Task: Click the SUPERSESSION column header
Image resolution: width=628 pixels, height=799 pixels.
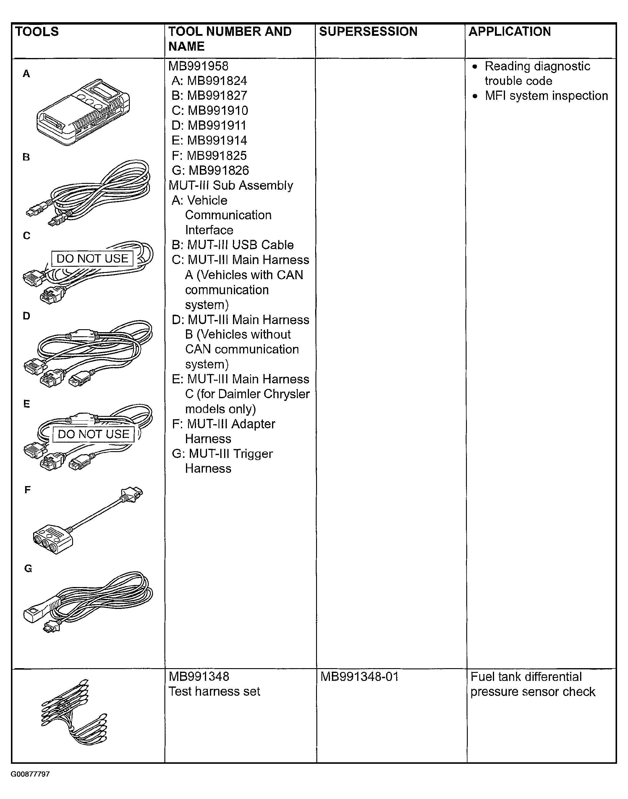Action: pos(368,32)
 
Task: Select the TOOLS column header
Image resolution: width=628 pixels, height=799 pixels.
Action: pos(37,32)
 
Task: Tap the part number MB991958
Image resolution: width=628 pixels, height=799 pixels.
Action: pos(198,66)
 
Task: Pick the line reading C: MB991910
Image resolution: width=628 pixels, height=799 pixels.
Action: pos(210,110)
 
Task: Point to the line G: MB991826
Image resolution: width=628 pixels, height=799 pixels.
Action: pos(210,171)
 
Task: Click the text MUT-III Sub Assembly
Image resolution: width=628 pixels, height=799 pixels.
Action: pos(231,186)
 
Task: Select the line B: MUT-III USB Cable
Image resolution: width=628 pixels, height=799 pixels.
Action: pos(232,245)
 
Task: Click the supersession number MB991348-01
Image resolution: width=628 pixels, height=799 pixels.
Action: pos(359,676)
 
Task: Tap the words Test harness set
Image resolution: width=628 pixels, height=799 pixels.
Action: pos(214,692)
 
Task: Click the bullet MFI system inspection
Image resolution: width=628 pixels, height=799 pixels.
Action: pos(546,96)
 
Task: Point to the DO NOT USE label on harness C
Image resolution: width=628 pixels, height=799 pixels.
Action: pos(92,258)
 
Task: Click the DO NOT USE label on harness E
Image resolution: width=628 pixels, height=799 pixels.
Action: pos(93,434)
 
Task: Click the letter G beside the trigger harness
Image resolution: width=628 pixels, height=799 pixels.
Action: pos(28,569)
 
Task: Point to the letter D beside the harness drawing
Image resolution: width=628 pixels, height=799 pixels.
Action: pos(27,316)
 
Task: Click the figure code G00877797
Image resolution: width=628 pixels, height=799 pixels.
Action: pos(30,774)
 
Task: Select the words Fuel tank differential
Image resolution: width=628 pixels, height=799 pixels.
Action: pos(526,676)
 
